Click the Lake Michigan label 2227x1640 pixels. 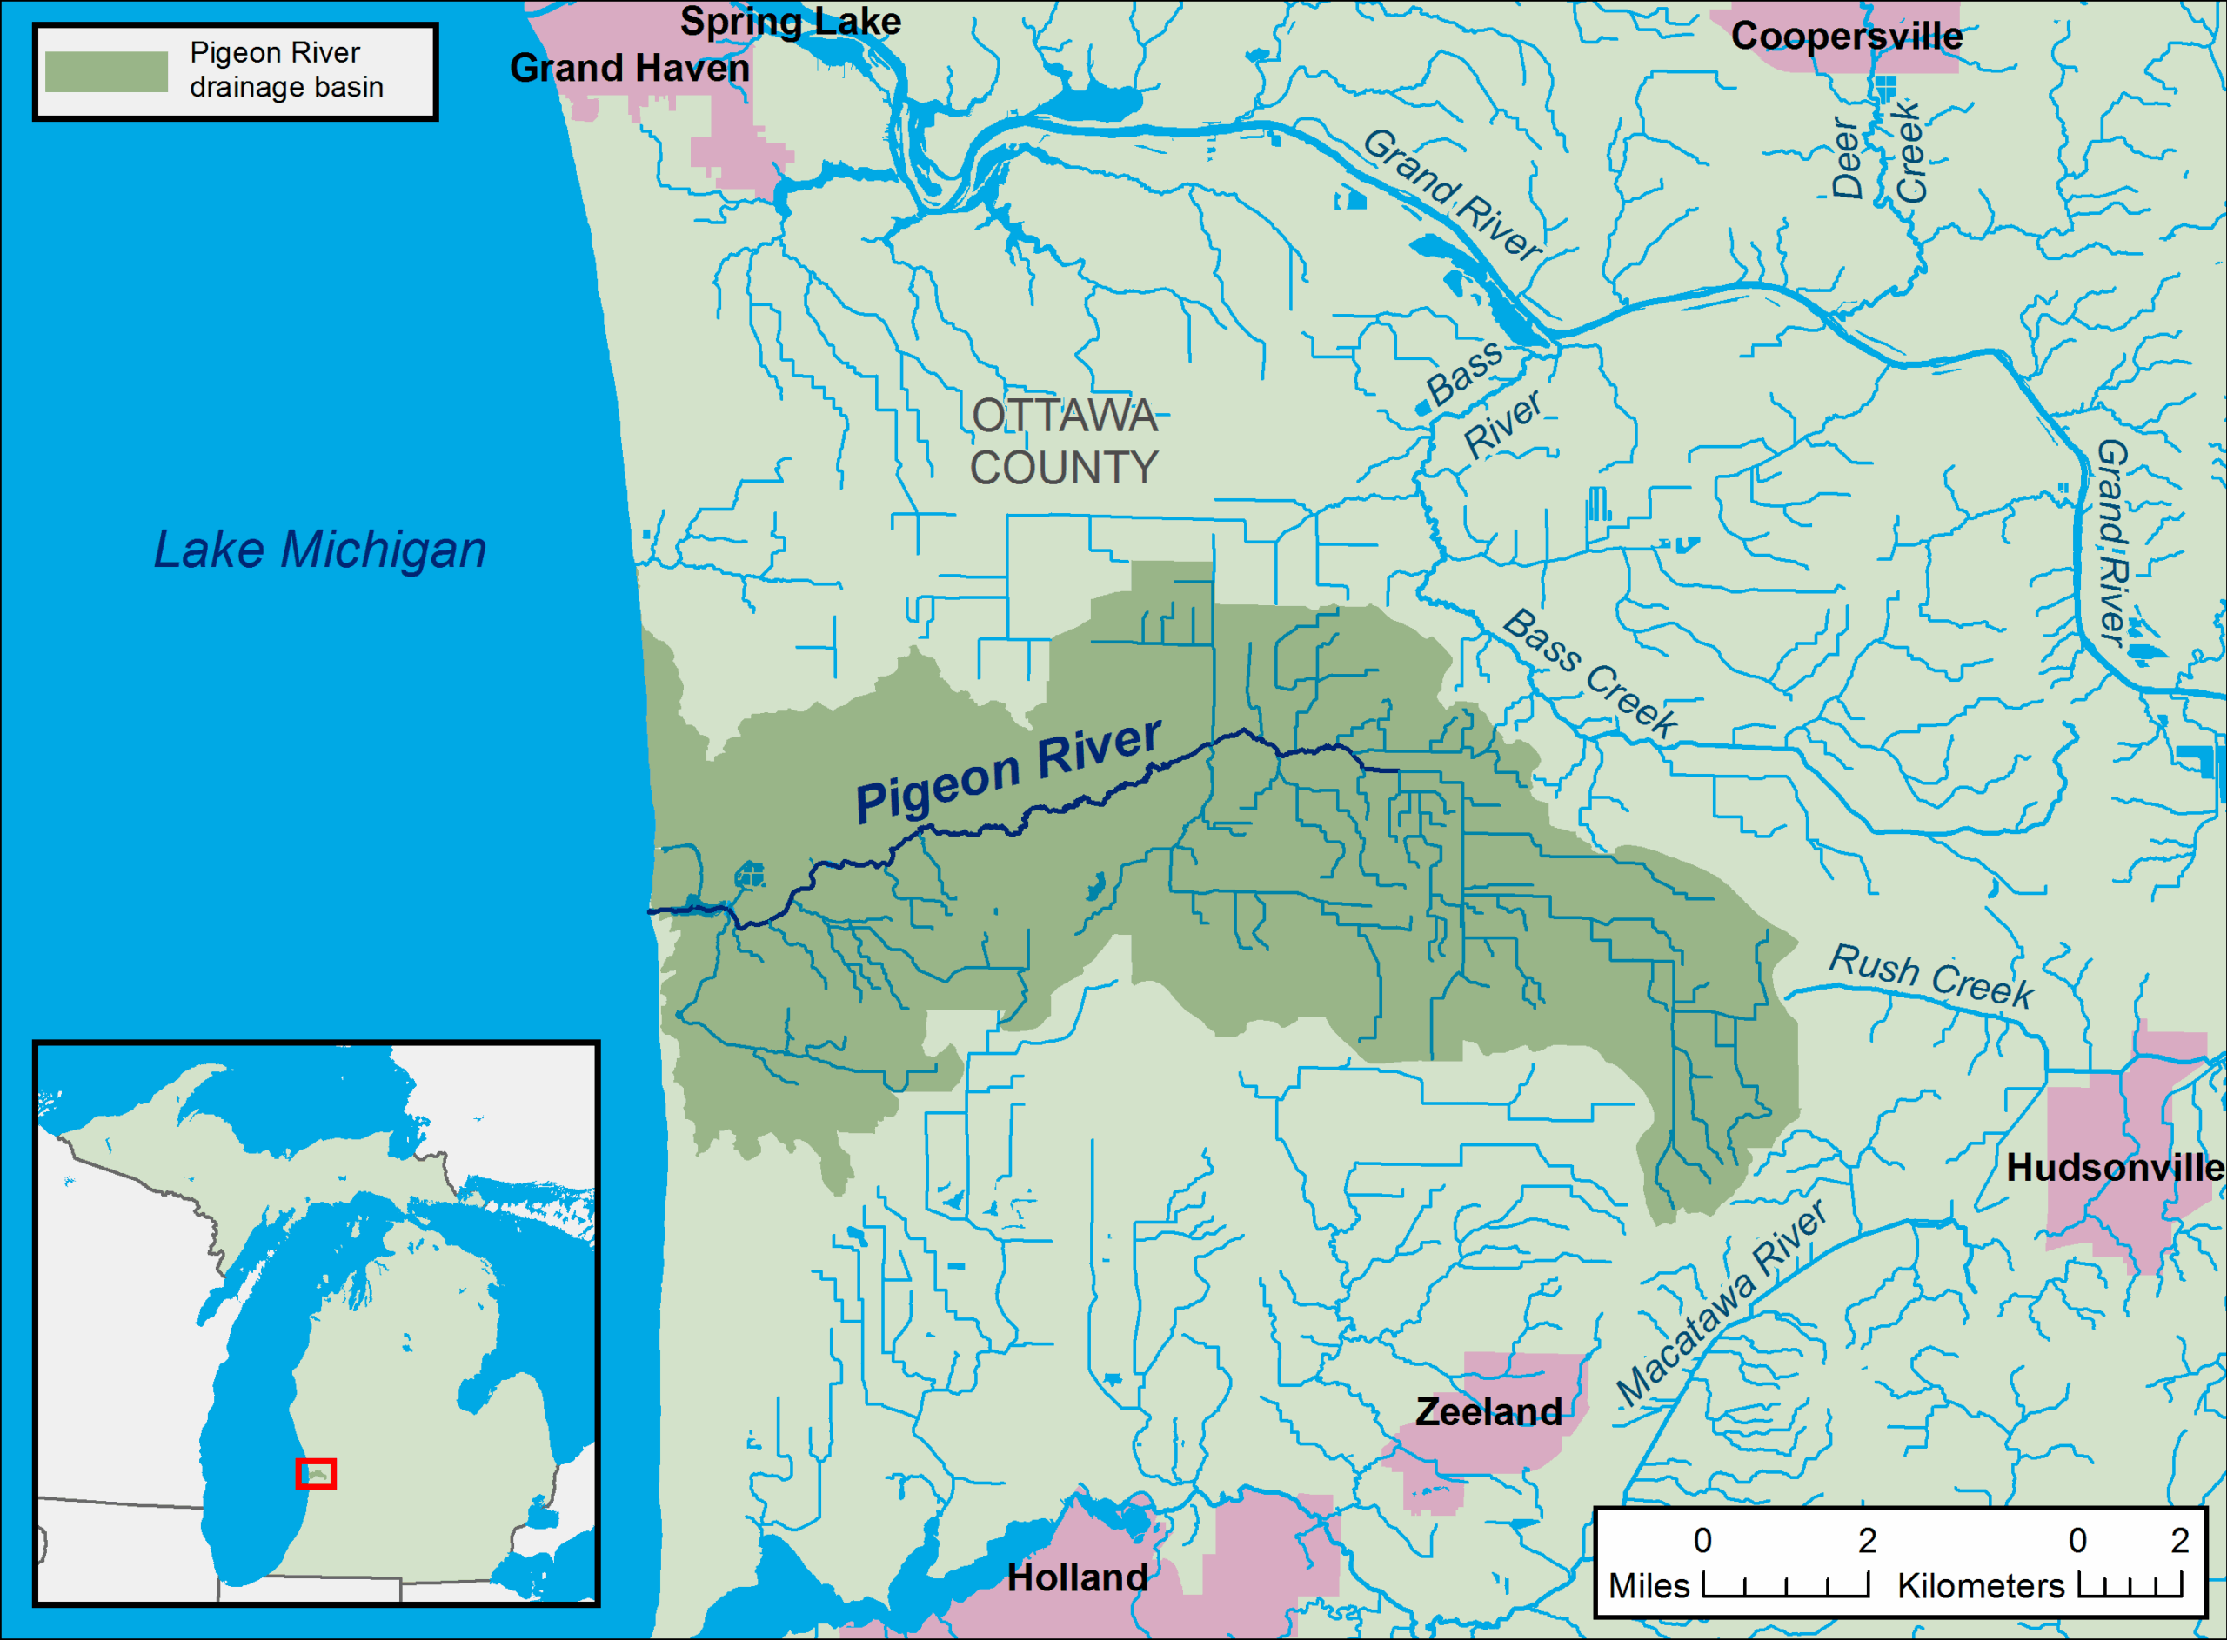click(320, 550)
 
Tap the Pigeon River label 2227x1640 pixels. click(1006, 770)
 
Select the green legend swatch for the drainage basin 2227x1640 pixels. click(106, 71)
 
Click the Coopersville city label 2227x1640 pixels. click(1846, 37)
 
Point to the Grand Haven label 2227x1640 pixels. click(630, 69)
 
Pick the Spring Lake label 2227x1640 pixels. click(790, 21)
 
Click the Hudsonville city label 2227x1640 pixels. click(2114, 1168)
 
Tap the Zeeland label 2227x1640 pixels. click(1488, 1411)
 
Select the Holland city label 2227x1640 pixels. click(1077, 1577)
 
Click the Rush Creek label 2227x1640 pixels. click(1930, 976)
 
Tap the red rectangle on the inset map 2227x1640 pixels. click(316, 1473)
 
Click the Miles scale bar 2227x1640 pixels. click(1784, 1584)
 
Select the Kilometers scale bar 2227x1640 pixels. click(2130, 1584)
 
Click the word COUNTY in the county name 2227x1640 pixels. click(1063, 468)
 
